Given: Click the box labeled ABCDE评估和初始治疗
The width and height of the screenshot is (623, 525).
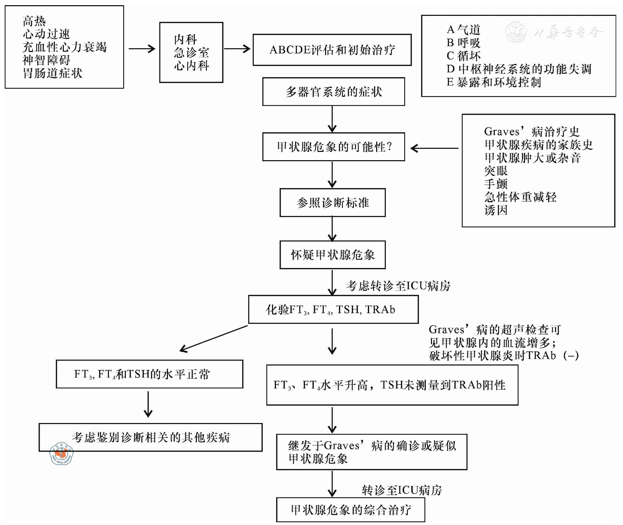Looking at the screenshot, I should point(332,50).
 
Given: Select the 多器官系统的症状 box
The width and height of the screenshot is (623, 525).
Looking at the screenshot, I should point(333,92).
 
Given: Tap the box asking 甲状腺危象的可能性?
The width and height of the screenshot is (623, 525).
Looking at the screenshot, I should point(333,147).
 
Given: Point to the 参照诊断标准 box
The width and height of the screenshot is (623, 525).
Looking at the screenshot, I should point(332,203).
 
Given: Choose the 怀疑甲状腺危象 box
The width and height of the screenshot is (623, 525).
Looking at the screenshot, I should point(332,255).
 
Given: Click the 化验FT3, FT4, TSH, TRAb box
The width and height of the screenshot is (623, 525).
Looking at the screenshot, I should point(333,309).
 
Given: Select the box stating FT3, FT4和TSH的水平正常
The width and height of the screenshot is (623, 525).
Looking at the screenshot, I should point(149,374).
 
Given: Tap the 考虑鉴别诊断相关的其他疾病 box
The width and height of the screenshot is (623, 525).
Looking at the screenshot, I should point(150,437).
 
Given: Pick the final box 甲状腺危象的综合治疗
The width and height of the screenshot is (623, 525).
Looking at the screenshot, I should point(350,509).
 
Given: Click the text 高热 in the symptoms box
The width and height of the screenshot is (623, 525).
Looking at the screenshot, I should point(34,21).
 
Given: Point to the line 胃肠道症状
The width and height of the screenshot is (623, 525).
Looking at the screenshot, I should point(52,73).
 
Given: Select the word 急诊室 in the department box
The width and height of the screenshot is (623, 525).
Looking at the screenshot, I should point(191,53).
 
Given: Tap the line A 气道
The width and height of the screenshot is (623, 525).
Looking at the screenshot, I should point(463,30).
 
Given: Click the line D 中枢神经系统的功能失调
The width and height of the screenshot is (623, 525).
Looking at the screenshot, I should point(519,69).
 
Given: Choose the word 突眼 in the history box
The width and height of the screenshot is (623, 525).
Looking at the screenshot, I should point(496,171).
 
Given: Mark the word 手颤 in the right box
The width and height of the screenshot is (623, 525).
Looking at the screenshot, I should point(496,184).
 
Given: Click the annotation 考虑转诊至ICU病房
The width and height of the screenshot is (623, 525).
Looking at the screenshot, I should point(398,286).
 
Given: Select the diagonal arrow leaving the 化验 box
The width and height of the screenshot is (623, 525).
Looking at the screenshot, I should point(214,339).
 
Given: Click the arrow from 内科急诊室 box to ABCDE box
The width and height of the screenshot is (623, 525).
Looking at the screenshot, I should point(238,49).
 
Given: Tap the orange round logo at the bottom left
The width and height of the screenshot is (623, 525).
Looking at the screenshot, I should point(61,453).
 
